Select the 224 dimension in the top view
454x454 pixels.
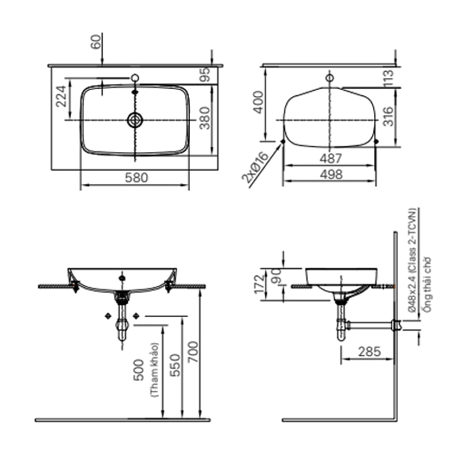pos(60,96)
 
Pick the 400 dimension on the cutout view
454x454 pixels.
pos(257,102)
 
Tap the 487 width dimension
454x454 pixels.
pos(330,158)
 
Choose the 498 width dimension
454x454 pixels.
pos(330,175)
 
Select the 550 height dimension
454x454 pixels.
pos(174,364)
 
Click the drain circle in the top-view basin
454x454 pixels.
pos(135,120)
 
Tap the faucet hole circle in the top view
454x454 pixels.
pos(135,78)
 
